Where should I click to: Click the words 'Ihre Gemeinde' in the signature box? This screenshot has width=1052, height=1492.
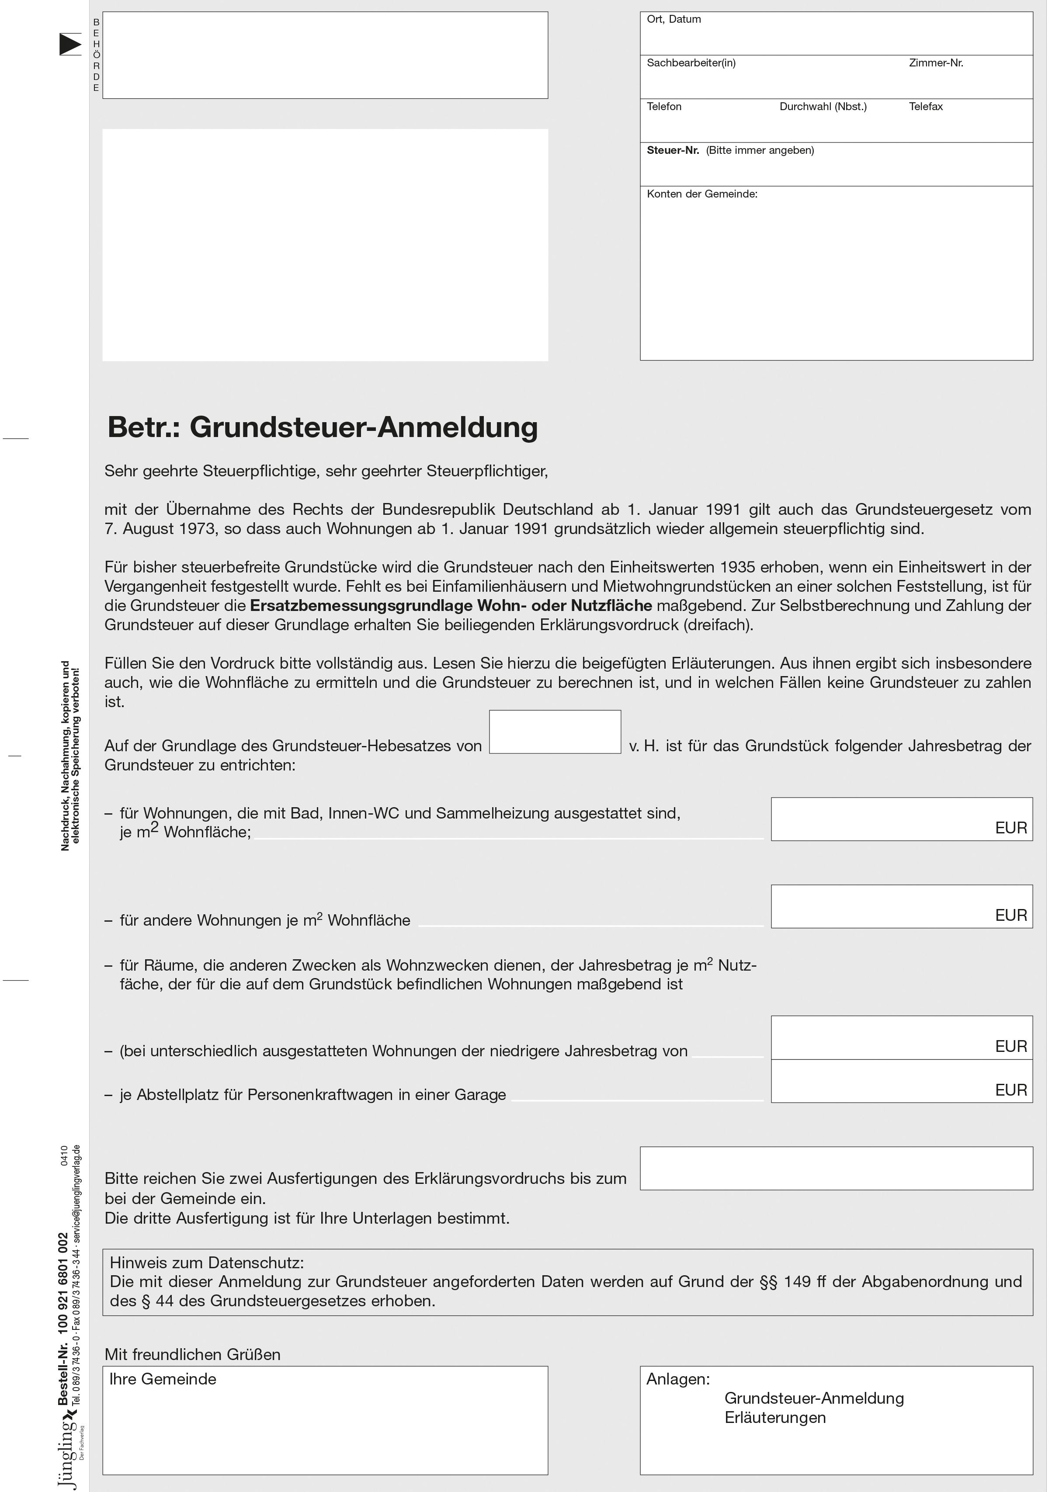pyautogui.click(x=163, y=1379)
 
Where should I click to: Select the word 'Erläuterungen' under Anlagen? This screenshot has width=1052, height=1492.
pyautogui.click(x=774, y=1417)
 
